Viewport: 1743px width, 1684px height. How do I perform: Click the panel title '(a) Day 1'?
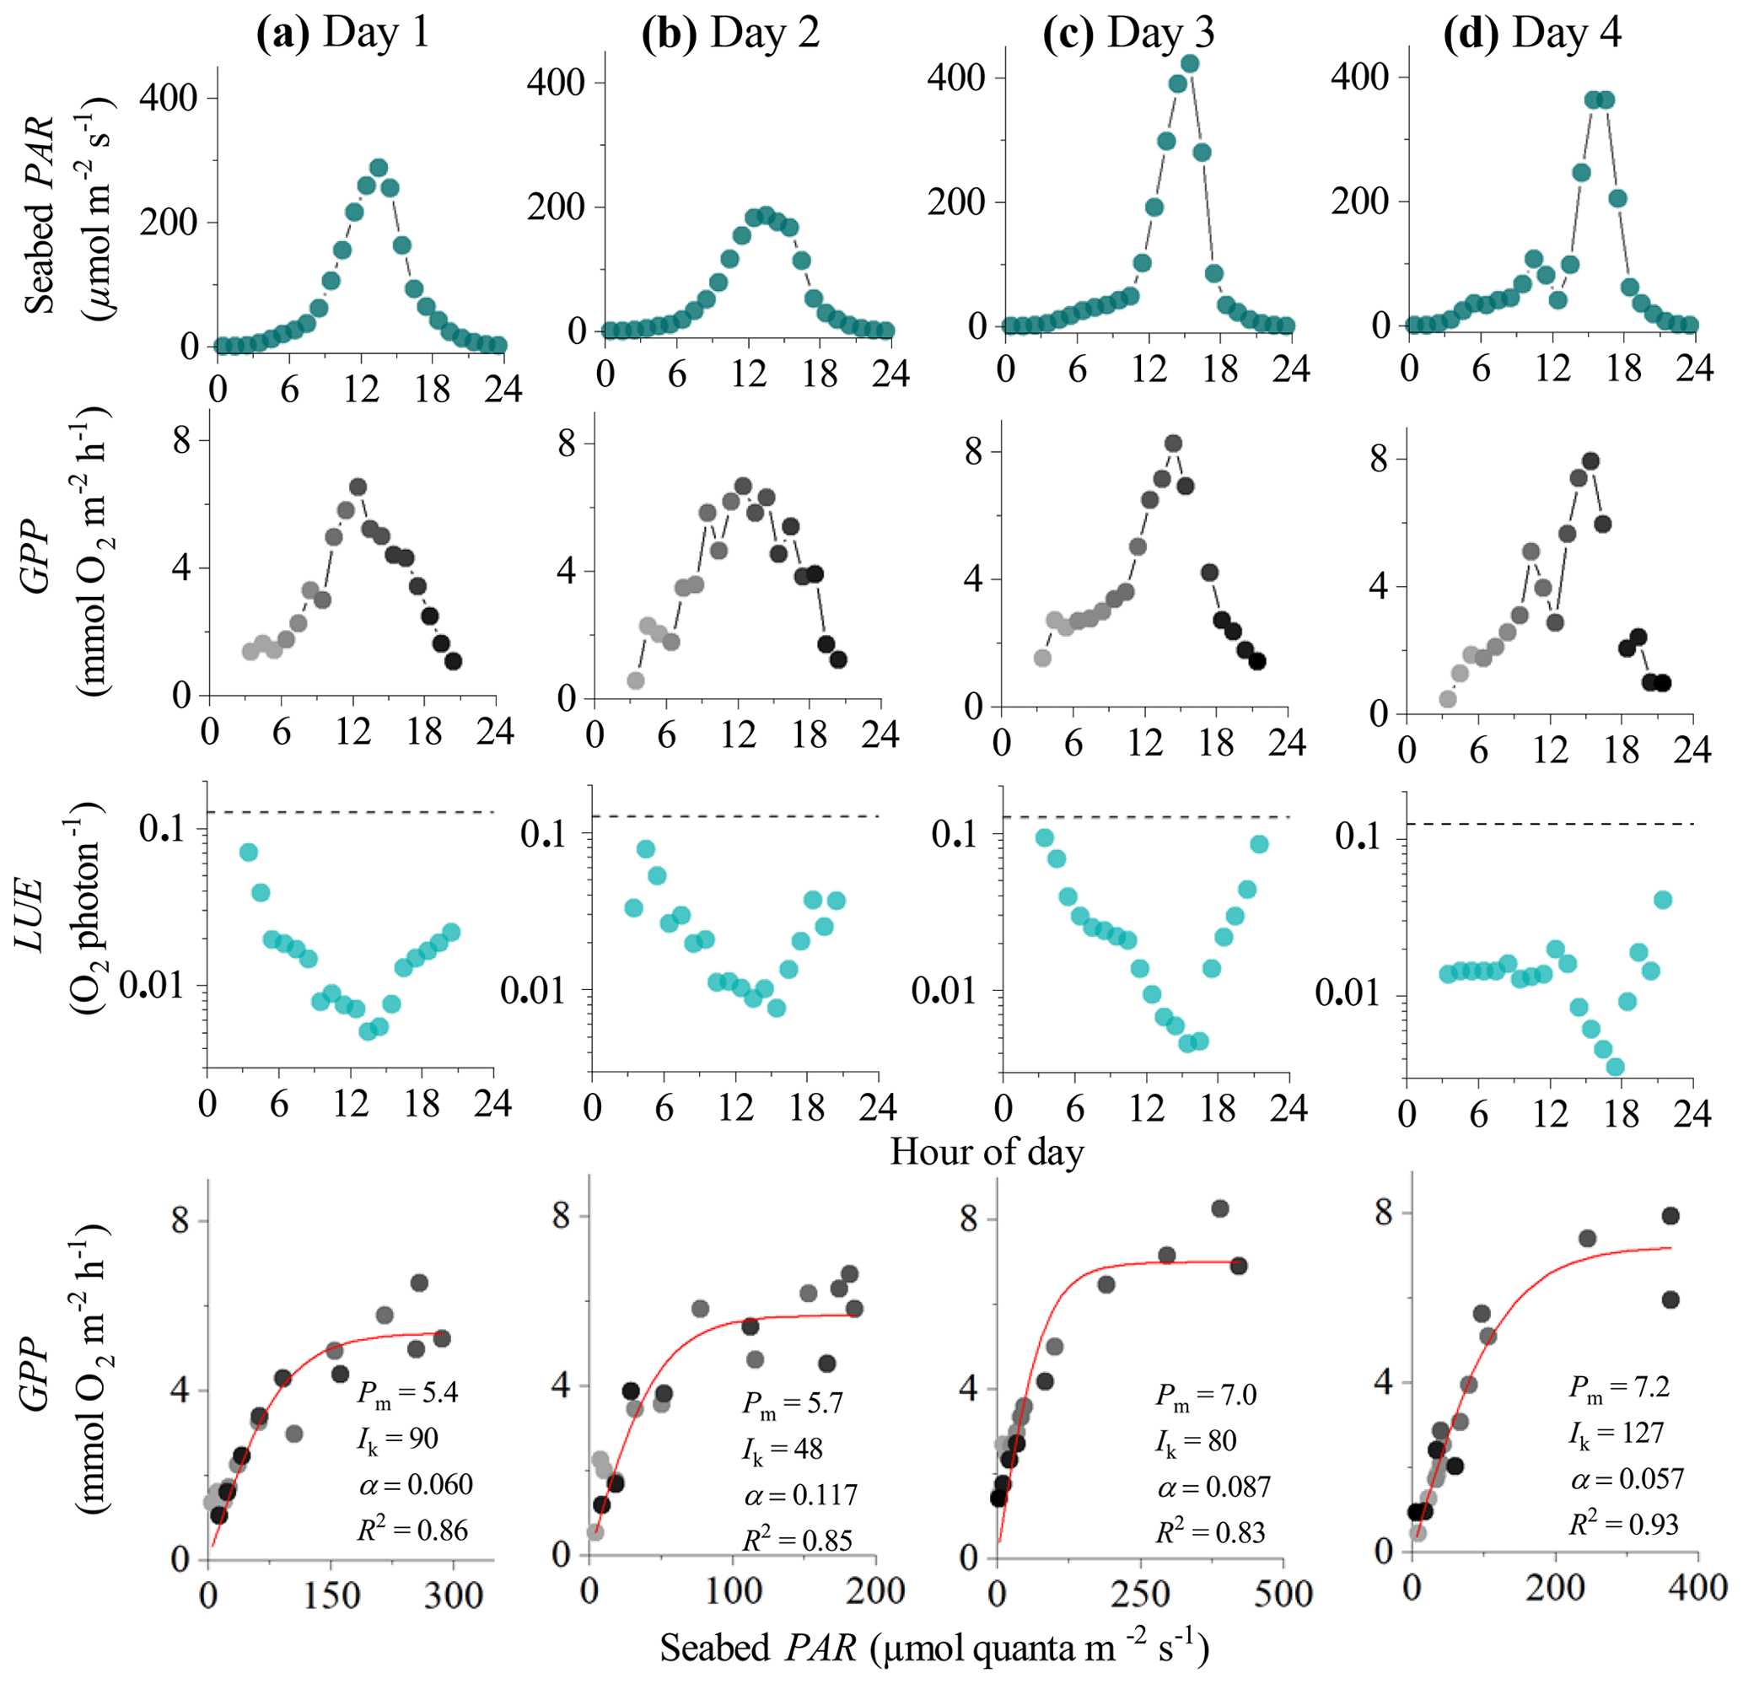342,33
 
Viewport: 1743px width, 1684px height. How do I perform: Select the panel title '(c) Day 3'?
1128,33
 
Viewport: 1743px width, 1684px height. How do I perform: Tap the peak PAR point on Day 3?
1190,64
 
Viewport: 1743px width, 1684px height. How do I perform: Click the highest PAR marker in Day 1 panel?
378,168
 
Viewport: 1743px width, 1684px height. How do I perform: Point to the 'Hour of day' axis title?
987,1152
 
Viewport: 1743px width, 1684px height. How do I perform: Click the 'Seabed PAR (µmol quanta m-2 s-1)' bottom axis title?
933,1648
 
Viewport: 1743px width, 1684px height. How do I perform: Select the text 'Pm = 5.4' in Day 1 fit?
408,1391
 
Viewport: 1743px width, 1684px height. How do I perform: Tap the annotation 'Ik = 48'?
783,1450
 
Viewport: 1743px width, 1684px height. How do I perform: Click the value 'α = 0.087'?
1214,1487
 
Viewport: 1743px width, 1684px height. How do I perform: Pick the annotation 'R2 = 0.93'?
1623,1524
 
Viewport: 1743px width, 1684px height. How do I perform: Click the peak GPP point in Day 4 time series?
1591,461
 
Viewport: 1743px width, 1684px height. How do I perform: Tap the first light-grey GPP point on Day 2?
635,681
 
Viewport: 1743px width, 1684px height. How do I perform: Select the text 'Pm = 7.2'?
1618,1387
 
